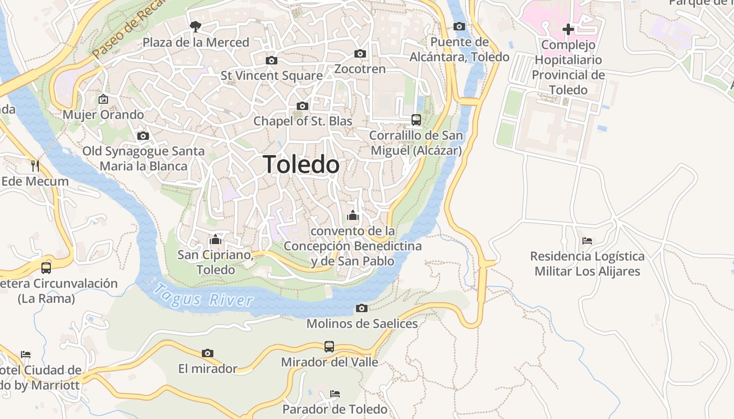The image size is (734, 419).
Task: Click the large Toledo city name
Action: [x=301, y=164]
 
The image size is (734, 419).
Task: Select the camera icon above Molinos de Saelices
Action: [x=361, y=308]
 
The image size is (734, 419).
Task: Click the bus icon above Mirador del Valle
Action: [x=329, y=346]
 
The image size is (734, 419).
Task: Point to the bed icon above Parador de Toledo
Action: [x=334, y=393]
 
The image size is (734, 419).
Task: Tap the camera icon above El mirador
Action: [x=208, y=353]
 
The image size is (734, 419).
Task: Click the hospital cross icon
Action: [x=568, y=29]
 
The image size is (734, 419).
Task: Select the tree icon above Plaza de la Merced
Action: [x=195, y=26]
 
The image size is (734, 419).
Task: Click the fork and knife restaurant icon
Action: [x=35, y=166]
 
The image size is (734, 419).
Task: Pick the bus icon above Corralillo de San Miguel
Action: [x=416, y=120]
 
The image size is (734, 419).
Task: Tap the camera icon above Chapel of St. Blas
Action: [x=302, y=106]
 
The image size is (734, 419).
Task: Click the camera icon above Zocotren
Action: [x=360, y=54]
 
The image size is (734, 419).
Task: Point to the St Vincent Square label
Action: [x=272, y=75]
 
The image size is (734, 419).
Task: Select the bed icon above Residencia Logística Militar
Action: [x=587, y=241]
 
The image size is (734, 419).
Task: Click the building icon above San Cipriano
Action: [x=214, y=240]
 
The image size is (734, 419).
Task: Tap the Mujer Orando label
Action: [x=103, y=114]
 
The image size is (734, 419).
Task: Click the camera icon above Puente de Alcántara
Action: [x=459, y=27]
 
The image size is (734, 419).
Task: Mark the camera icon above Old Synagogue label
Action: [x=143, y=136]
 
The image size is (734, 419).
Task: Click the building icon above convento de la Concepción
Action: [x=352, y=215]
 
